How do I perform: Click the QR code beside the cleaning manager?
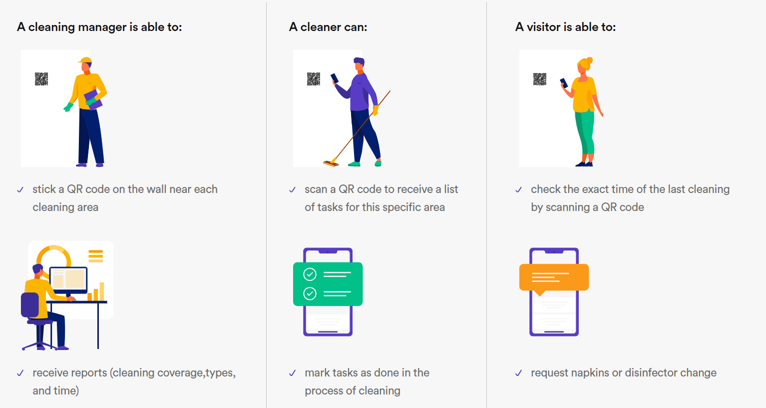[41, 78]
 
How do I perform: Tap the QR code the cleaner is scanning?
[314, 78]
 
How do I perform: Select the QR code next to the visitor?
[540, 79]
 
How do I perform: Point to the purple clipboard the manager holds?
[93, 99]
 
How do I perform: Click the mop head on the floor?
[331, 163]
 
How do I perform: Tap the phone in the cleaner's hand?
[335, 78]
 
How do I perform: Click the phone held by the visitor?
[564, 83]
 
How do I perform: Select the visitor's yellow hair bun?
[589, 60]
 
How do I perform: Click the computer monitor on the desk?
[68, 280]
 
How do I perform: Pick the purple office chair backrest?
[30, 304]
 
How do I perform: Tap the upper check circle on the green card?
[310, 274]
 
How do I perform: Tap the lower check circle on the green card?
[310, 293]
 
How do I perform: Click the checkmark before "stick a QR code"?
[20, 189]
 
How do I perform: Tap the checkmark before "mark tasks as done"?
[293, 373]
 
